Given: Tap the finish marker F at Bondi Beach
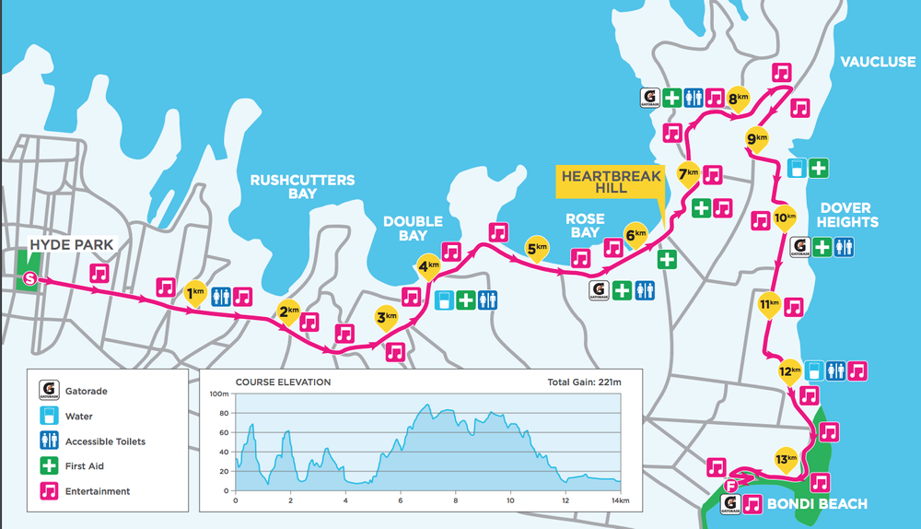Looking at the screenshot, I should (x=731, y=486).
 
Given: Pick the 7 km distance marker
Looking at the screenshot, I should (x=688, y=173).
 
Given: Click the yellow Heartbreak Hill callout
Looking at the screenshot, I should (x=609, y=181).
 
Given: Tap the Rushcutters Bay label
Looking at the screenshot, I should (x=302, y=187).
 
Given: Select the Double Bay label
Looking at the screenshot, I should (x=413, y=228).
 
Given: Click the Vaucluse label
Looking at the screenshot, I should (x=878, y=62).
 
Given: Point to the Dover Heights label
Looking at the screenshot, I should (x=848, y=215).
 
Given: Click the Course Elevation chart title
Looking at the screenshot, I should (x=283, y=382).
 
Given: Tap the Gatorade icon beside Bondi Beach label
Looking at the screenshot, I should (x=731, y=505).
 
